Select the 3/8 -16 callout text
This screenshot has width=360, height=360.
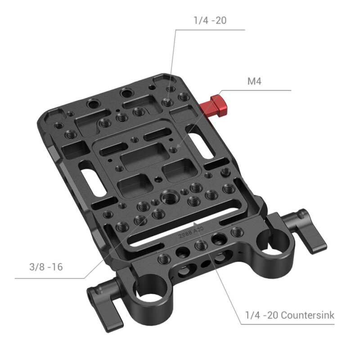pyautogui.click(x=43, y=267)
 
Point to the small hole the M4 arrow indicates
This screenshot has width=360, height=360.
pyautogui.click(x=173, y=151)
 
